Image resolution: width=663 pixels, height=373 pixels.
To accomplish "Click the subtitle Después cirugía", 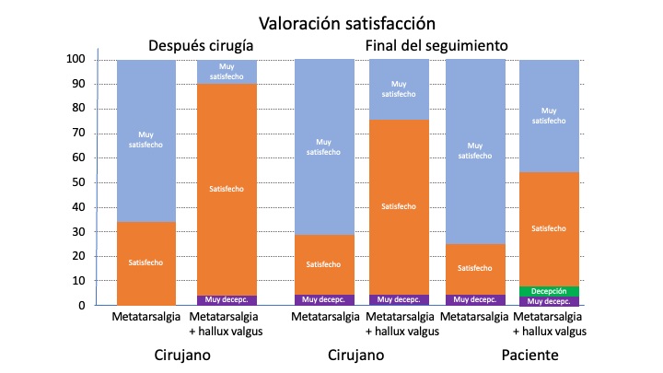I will pyautogui.click(x=202, y=46).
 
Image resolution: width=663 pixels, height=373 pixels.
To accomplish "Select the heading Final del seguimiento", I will pyautogui.click(x=436, y=46).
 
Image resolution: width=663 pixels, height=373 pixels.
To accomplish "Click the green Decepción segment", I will pyautogui.click(x=550, y=291).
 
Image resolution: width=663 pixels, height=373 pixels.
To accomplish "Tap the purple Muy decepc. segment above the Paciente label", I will pyautogui.click(x=550, y=301).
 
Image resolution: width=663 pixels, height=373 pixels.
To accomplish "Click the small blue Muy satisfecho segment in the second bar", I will pyautogui.click(x=227, y=71).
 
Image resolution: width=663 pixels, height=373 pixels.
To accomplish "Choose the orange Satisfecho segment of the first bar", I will pyautogui.click(x=146, y=262).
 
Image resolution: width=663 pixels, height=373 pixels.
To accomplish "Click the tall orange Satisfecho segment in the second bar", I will pyautogui.click(x=227, y=189).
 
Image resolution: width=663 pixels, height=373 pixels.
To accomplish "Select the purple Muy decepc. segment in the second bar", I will pyautogui.click(x=227, y=299).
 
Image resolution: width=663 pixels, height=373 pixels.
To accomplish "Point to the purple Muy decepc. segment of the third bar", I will pyautogui.click(x=324, y=299).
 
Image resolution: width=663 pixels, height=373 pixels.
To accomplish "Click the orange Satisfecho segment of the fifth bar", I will pyautogui.click(x=475, y=269).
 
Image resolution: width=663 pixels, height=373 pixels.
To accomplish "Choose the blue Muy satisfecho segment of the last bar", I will pyautogui.click(x=550, y=115).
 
